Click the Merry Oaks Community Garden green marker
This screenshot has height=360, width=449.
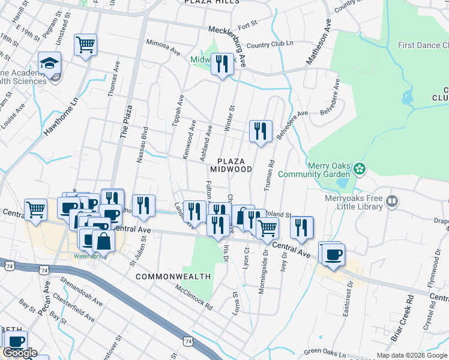(360, 169)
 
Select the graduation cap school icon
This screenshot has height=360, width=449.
(49, 63)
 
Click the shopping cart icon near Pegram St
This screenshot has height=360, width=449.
(86, 44)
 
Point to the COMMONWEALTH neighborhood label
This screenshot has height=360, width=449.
(173, 277)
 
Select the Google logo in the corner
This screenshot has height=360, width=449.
(20, 353)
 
